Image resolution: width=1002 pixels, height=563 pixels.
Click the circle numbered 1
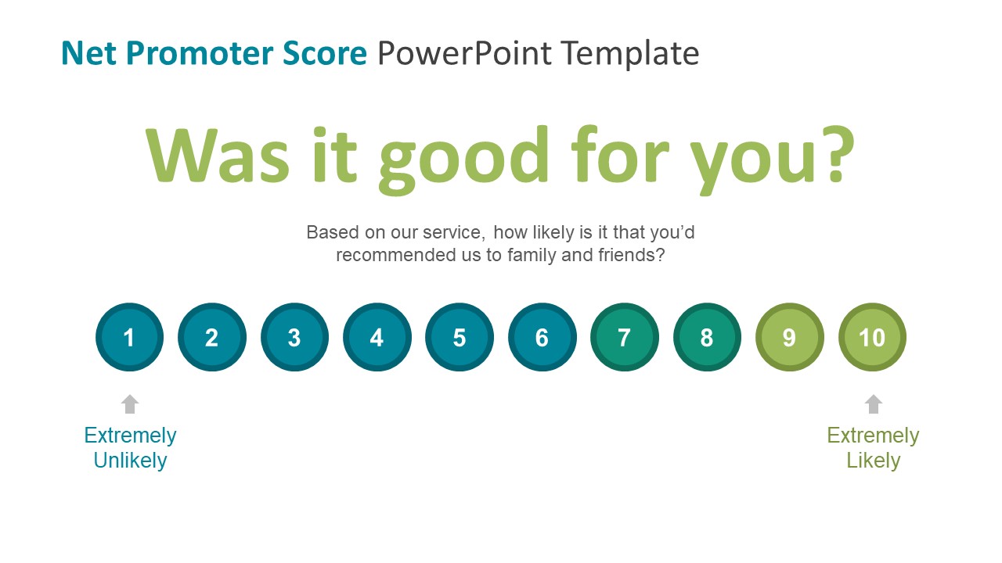click(x=129, y=337)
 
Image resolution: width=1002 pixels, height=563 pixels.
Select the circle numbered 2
click(x=212, y=337)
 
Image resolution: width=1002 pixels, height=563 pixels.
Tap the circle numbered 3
click(x=294, y=337)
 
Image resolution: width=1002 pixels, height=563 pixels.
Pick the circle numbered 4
click(x=377, y=337)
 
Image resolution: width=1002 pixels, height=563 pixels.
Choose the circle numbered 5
click(x=460, y=337)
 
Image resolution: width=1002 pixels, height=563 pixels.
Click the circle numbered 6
click(x=542, y=337)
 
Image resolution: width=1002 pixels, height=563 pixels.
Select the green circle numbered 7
click(x=625, y=337)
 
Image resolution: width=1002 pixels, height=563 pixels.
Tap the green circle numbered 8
click(x=707, y=337)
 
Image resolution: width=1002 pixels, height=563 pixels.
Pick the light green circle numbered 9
click(x=789, y=337)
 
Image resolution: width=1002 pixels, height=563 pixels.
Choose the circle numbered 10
click(x=872, y=337)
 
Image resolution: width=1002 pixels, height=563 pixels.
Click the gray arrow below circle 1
click(x=130, y=403)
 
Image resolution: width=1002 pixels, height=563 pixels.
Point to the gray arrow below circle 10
click(x=873, y=403)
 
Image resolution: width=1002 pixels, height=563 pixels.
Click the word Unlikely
click(x=130, y=461)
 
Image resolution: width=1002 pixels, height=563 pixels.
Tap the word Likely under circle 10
click(x=873, y=461)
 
